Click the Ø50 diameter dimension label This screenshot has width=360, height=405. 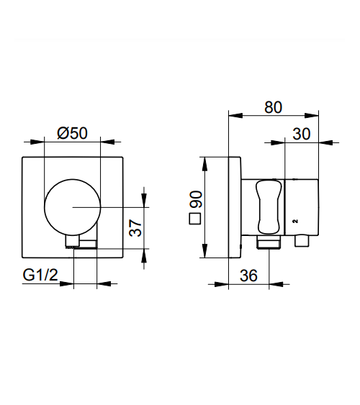pos(73,133)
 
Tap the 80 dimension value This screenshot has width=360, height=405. pos(273,107)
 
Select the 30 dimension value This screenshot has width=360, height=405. pos(302,134)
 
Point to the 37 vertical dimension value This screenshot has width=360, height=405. pos(135,228)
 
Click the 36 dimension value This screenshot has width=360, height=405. pos(248,276)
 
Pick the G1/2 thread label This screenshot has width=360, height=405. pos(40,275)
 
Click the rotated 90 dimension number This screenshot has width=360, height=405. pos(196,199)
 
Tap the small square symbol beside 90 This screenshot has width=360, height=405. pos(195,219)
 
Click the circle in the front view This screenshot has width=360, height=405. pos(73,179)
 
